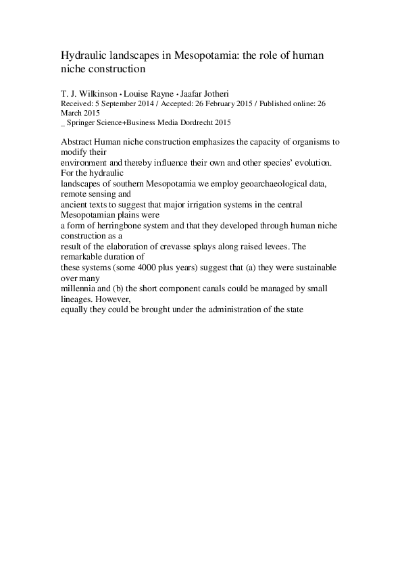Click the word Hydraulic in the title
pos(82,55)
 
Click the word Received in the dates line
pos(74,104)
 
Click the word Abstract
pos(76,143)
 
